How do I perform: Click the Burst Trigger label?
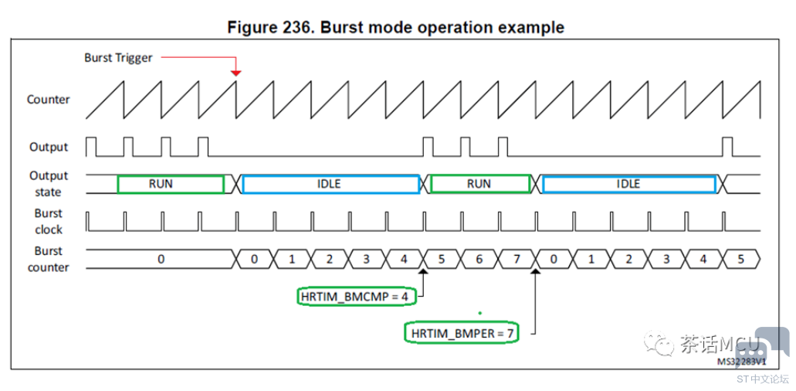118,58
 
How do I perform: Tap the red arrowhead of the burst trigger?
235,73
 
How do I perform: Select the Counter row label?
48,100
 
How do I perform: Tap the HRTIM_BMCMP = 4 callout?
356,297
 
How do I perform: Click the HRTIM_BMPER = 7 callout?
462,332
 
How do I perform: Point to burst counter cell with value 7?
517,259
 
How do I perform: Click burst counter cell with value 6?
479,259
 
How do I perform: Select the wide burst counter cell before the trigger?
161,259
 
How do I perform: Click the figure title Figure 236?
395,27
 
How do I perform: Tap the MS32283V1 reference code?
740,362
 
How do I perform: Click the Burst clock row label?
49,222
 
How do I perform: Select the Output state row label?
49,184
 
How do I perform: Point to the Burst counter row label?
49,259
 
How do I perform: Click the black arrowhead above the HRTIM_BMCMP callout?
423,272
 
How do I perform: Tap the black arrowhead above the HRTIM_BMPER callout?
536,272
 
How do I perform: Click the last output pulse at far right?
727,147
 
